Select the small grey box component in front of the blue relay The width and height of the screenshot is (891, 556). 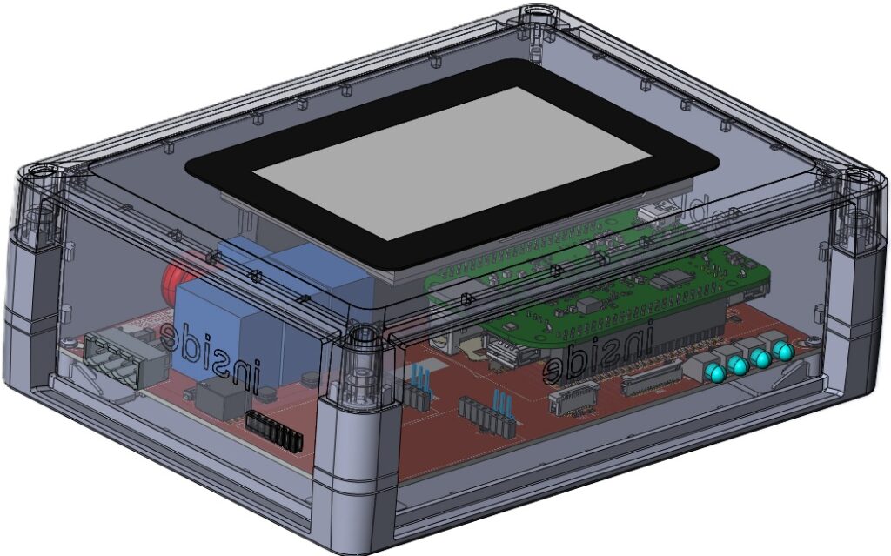coord(222,401)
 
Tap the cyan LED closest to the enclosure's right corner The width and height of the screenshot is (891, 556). coord(784,352)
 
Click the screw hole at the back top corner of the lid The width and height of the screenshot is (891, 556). coord(535,14)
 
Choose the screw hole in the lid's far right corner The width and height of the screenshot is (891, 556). coord(861,178)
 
